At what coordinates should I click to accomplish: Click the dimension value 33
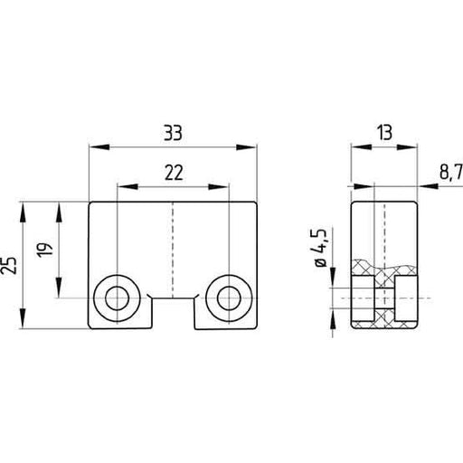[x=173, y=133]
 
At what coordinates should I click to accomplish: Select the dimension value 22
[x=173, y=170]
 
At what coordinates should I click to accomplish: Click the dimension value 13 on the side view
[x=383, y=133]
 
